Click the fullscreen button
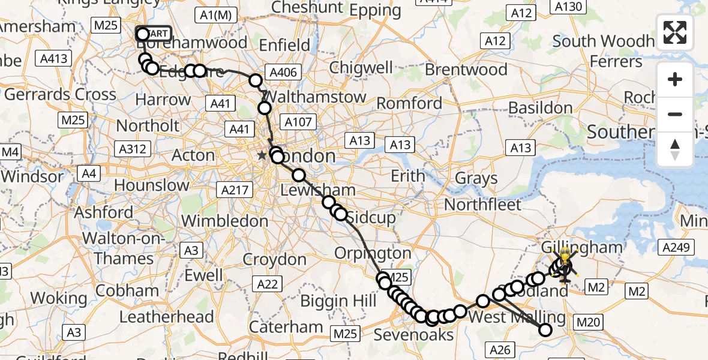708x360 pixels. (675, 32)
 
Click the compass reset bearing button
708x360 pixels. (675, 149)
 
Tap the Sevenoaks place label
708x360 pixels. (413, 334)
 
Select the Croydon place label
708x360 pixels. (275, 260)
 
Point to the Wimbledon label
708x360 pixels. (224, 221)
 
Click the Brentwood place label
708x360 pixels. (466, 70)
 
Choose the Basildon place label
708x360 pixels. (540, 108)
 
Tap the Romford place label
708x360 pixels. (409, 103)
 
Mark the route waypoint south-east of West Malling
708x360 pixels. (545, 329)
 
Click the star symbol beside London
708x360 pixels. (262, 156)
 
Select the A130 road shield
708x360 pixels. (568, 7)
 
